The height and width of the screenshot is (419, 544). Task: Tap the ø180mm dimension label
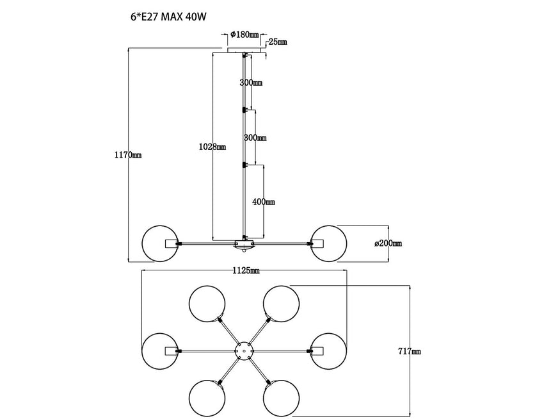click(x=244, y=34)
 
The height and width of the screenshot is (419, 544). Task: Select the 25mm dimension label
click(x=278, y=42)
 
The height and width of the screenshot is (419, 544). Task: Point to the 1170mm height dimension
click(x=127, y=155)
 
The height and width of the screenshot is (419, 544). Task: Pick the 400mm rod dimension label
click(x=264, y=202)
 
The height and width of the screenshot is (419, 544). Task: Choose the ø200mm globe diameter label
click(x=388, y=243)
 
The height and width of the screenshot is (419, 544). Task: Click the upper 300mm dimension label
click(x=251, y=83)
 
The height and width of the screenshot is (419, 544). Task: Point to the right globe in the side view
click(x=328, y=243)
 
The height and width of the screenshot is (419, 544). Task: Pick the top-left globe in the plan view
click(x=207, y=302)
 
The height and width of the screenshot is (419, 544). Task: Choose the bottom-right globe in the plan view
click(x=282, y=398)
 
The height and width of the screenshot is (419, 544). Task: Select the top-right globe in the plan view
click(x=282, y=302)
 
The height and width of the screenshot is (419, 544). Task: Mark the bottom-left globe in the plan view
click(x=207, y=398)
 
